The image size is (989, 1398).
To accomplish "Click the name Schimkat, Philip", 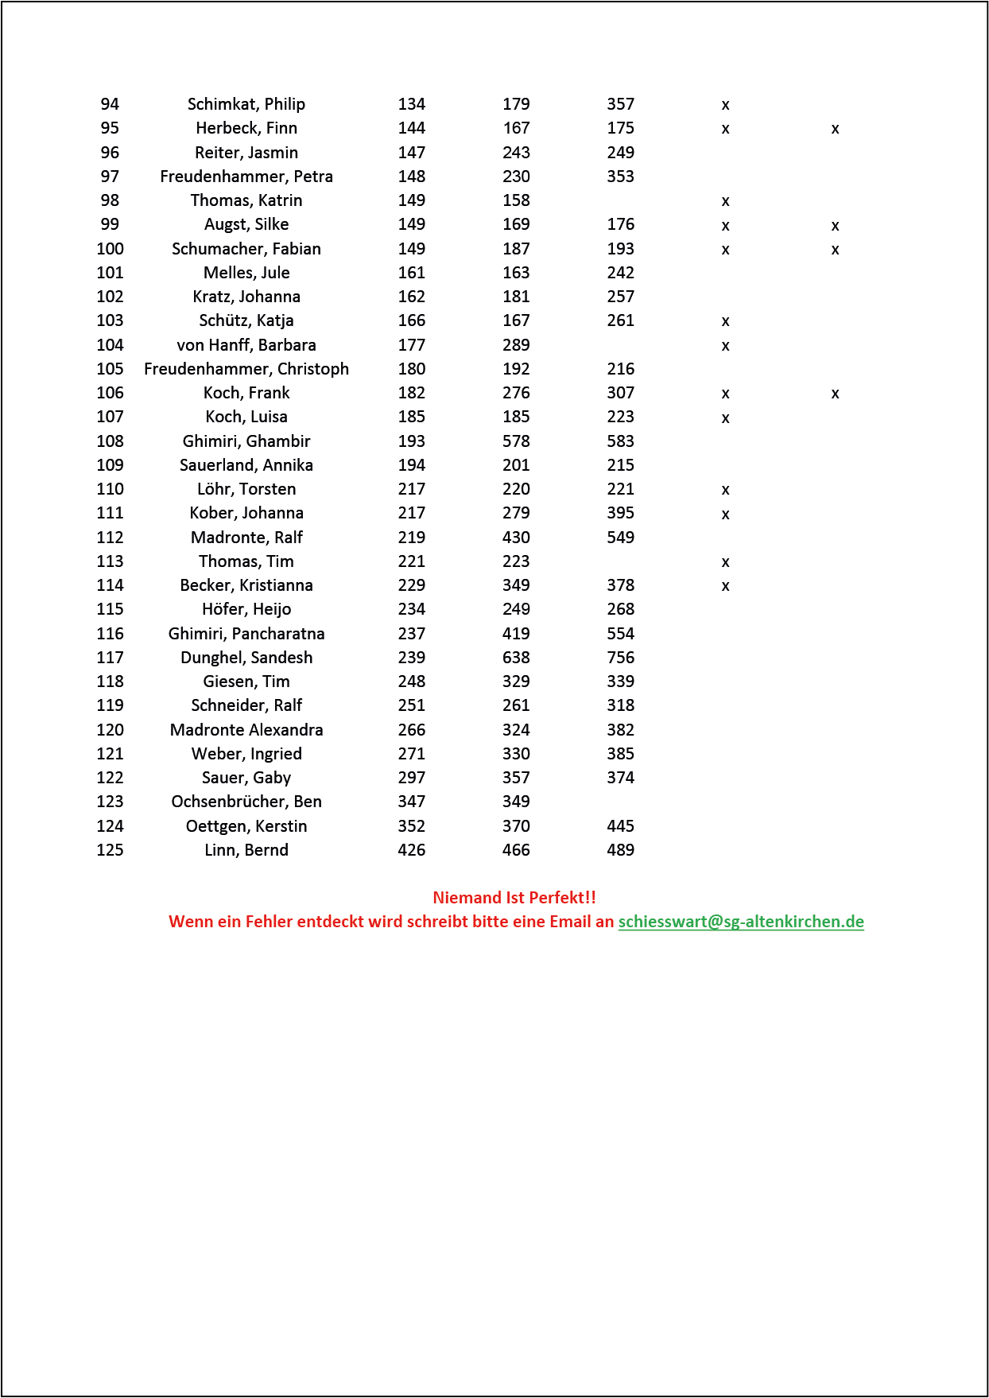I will point(246,104).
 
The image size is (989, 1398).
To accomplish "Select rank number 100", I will point(110,249).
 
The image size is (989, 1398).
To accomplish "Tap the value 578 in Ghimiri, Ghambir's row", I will point(516,441).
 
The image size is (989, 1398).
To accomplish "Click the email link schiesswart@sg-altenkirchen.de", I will point(741,922).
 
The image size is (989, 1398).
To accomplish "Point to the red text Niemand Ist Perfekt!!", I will point(514,898).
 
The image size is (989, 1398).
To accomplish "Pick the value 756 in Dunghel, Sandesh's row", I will point(620,658).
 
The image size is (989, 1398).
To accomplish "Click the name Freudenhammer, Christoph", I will point(246,369).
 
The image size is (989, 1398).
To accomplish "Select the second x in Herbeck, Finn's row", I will point(835,129).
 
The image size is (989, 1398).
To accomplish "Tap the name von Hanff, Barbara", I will point(246,345).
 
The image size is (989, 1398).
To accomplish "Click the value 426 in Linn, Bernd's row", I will point(412,850).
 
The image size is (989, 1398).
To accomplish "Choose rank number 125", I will point(110,850).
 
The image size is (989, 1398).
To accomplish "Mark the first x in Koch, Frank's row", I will point(725,394).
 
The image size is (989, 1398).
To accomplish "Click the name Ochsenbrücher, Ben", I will point(246,802).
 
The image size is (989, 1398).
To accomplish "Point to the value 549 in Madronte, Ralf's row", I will point(620,538).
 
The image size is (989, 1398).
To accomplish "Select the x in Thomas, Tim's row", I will point(725,562).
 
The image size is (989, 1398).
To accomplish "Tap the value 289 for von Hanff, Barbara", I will point(516,345).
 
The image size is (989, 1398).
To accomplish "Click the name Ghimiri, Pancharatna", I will point(246,634).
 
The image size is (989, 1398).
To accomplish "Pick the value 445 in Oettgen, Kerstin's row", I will point(620,826).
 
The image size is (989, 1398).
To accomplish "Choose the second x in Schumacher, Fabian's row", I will point(835,250).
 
